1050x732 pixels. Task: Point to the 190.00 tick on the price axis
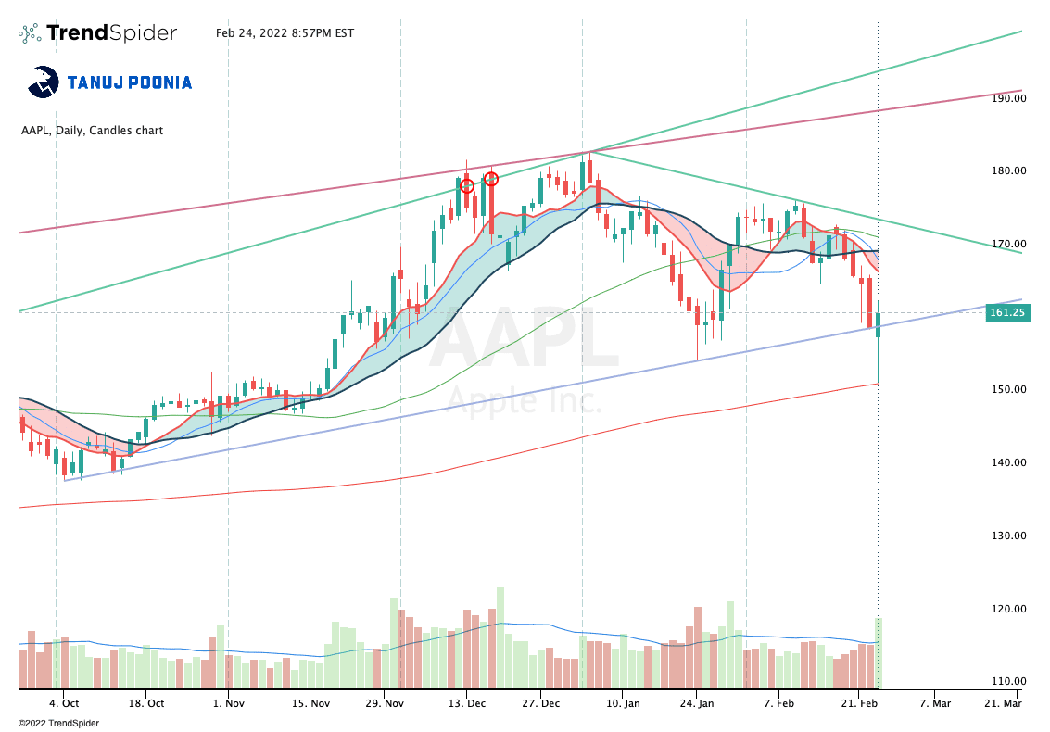point(1006,97)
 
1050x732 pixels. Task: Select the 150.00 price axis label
point(1006,389)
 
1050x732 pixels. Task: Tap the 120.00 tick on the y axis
point(1006,609)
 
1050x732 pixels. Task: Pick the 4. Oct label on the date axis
point(63,703)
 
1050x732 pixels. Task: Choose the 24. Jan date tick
point(698,703)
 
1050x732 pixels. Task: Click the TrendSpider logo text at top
point(111,33)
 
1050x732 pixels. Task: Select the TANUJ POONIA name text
point(130,82)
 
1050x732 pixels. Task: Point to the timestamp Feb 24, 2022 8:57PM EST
point(285,33)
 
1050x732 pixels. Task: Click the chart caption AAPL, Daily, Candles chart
point(92,131)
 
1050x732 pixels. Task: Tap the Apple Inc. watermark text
point(525,401)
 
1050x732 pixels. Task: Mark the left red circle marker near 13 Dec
point(467,186)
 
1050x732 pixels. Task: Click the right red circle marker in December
point(491,179)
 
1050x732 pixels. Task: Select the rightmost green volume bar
point(878,653)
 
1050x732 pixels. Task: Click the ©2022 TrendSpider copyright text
point(57,723)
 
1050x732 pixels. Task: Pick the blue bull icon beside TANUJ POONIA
point(44,82)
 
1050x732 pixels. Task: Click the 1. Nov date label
point(227,703)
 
